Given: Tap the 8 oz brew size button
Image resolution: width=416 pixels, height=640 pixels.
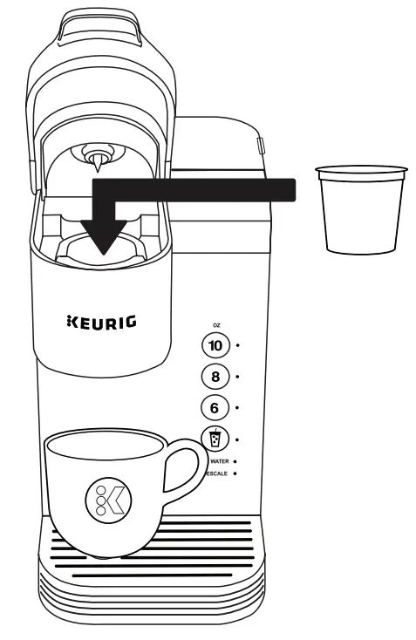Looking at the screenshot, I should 215,377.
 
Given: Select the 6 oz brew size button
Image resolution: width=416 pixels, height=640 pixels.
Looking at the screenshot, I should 215,407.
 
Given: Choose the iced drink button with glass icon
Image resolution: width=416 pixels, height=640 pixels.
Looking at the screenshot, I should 215,439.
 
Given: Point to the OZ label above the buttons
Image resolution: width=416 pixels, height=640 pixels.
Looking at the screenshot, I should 216,324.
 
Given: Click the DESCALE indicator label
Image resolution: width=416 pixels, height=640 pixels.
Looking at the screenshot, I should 218,474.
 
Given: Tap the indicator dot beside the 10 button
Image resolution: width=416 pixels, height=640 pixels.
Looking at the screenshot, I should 238,346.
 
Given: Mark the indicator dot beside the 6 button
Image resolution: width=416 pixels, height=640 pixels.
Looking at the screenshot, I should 238,407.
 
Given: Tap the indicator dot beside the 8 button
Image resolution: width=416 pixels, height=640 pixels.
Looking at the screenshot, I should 238,377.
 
